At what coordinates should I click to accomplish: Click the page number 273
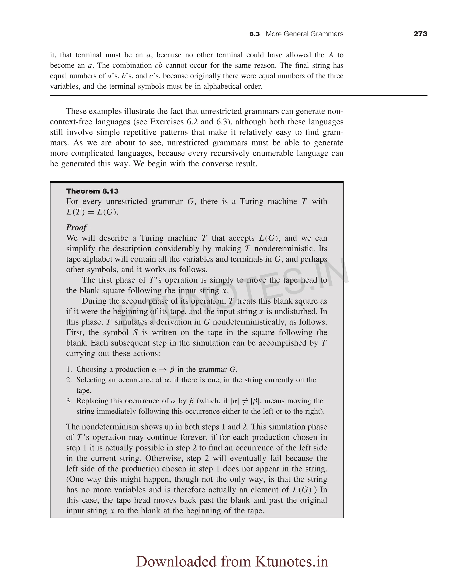(x=420, y=34)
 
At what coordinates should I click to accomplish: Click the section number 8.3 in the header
(x=254, y=34)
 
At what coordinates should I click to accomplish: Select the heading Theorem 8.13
(x=92, y=191)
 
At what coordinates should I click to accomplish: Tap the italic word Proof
(x=76, y=227)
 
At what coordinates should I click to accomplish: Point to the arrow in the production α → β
(x=163, y=370)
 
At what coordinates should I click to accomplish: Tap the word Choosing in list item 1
(x=91, y=369)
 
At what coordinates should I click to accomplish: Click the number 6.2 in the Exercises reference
(x=192, y=122)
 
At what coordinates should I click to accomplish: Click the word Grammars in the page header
(x=328, y=34)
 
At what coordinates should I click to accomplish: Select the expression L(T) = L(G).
(x=92, y=212)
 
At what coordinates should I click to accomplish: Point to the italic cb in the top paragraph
(x=159, y=65)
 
